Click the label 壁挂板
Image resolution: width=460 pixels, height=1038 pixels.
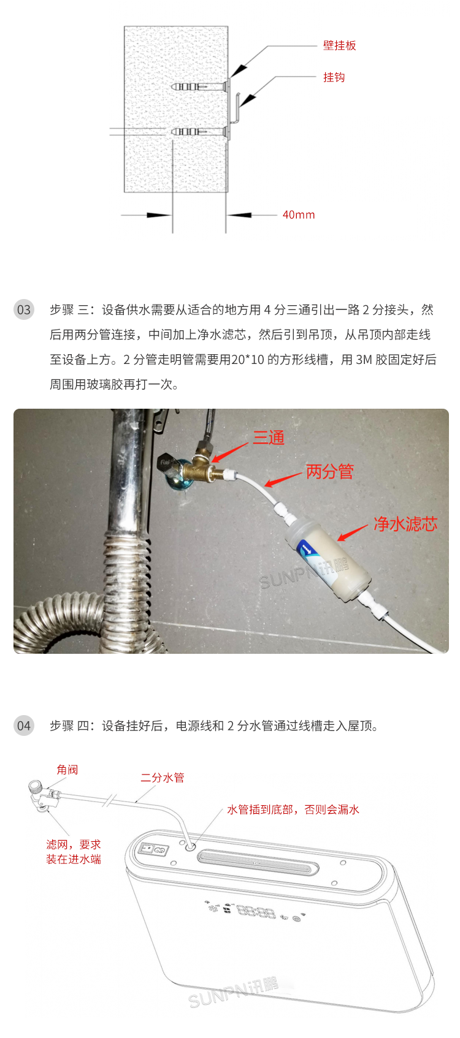click(x=339, y=45)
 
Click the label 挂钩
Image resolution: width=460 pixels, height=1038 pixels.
click(x=334, y=77)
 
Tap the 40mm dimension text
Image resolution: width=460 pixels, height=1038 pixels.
click(x=298, y=215)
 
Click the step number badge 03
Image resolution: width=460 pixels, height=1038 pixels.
click(x=24, y=309)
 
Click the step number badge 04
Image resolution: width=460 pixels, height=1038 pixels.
click(x=24, y=725)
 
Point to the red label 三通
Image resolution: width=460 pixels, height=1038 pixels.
click(x=269, y=438)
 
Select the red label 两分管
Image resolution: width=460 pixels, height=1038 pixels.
click(x=329, y=472)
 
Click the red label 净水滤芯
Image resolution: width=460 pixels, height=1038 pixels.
click(x=405, y=524)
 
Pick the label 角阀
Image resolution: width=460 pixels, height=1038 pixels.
click(x=67, y=770)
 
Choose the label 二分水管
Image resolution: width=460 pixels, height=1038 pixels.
click(x=162, y=778)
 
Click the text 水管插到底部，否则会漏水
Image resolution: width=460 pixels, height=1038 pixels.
click(x=293, y=809)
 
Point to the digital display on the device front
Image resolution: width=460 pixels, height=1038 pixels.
click(x=256, y=912)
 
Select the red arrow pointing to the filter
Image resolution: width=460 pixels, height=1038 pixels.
click(x=352, y=533)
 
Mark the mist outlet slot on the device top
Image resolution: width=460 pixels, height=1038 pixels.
click(x=258, y=863)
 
